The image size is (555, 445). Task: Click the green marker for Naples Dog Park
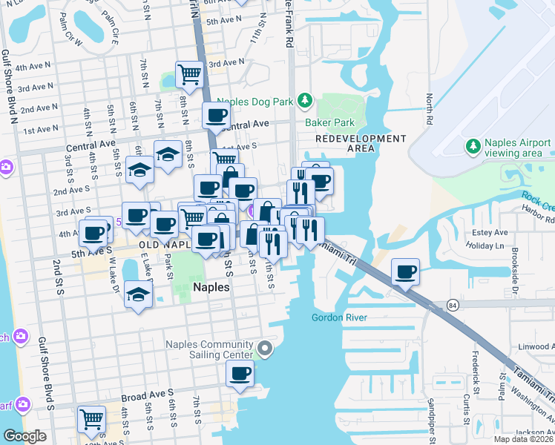303,100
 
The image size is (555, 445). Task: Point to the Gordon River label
339,317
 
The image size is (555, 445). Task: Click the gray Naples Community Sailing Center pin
265,348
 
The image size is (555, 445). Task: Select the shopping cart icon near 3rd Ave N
190,75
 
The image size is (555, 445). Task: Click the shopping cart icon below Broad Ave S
91,419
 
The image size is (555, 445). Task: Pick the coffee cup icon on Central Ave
217,116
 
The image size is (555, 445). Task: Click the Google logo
24,436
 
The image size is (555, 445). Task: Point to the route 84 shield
452,305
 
